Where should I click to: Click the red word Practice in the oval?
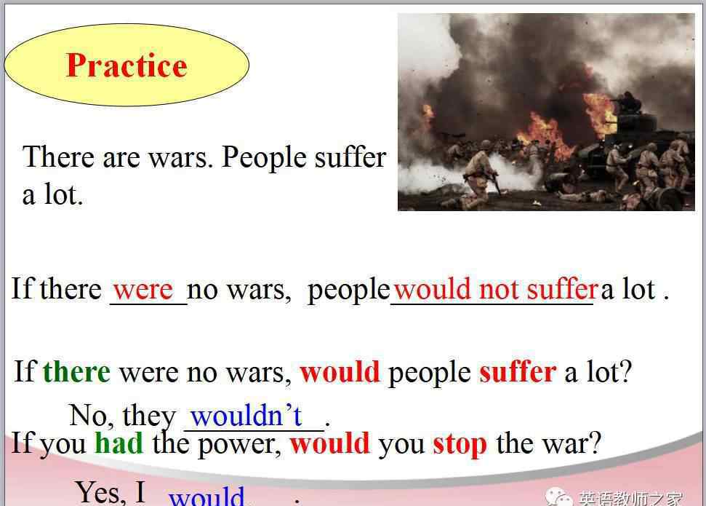(x=127, y=66)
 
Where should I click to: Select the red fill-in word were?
(x=143, y=290)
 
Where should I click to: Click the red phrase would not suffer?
(x=496, y=289)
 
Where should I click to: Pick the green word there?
(x=76, y=371)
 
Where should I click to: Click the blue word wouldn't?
(x=246, y=415)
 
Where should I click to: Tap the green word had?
(x=119, y=443)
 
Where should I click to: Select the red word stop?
(x=460, y=445)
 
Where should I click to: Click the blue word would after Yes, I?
(x=206, y=496)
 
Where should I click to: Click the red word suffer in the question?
(x=518, y=372)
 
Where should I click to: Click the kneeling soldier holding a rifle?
(x=480, y=179)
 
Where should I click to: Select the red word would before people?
(x=340, y=372)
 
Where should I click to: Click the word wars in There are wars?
(x=180, y=159)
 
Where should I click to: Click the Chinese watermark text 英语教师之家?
(x=631, y=498)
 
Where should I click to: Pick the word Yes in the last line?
(x=100, y=492)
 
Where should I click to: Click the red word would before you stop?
(x=330, y=443)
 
